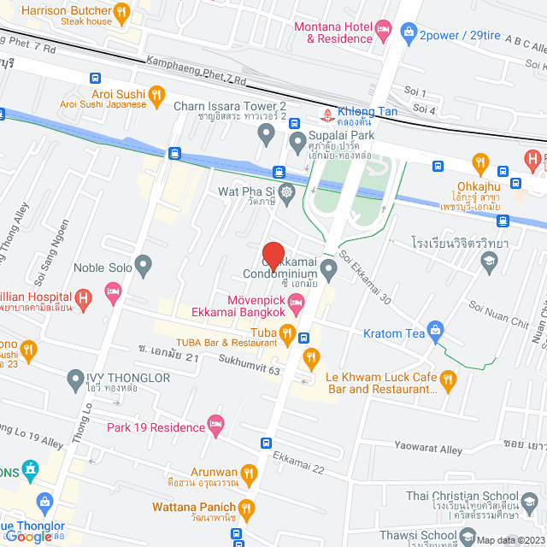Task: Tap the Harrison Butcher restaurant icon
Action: (x=122, y=13)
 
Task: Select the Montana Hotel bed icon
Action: (x=385, y=32)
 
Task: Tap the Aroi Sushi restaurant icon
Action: (x=156, y=94)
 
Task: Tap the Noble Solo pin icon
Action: (x=142, y=267)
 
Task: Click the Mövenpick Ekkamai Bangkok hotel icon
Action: (x=296, y=300)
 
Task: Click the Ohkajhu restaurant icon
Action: (x=480, y=162)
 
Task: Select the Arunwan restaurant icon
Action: (x=248, y=472)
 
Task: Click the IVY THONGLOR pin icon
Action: (x=74, y=377)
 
